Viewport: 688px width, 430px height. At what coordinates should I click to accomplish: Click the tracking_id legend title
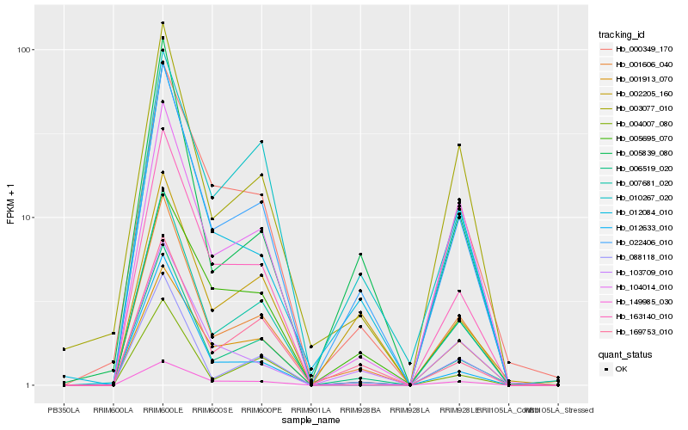(622, 34)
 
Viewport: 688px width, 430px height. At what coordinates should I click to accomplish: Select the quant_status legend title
(625, 353)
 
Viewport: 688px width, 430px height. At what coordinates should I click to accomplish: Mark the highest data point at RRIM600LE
(163, 23)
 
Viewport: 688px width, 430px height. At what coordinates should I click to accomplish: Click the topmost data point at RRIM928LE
(459, 145)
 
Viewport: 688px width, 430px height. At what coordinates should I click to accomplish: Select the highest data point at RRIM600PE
(261, 141)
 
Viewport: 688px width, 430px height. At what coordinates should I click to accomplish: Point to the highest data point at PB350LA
(64, 349)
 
